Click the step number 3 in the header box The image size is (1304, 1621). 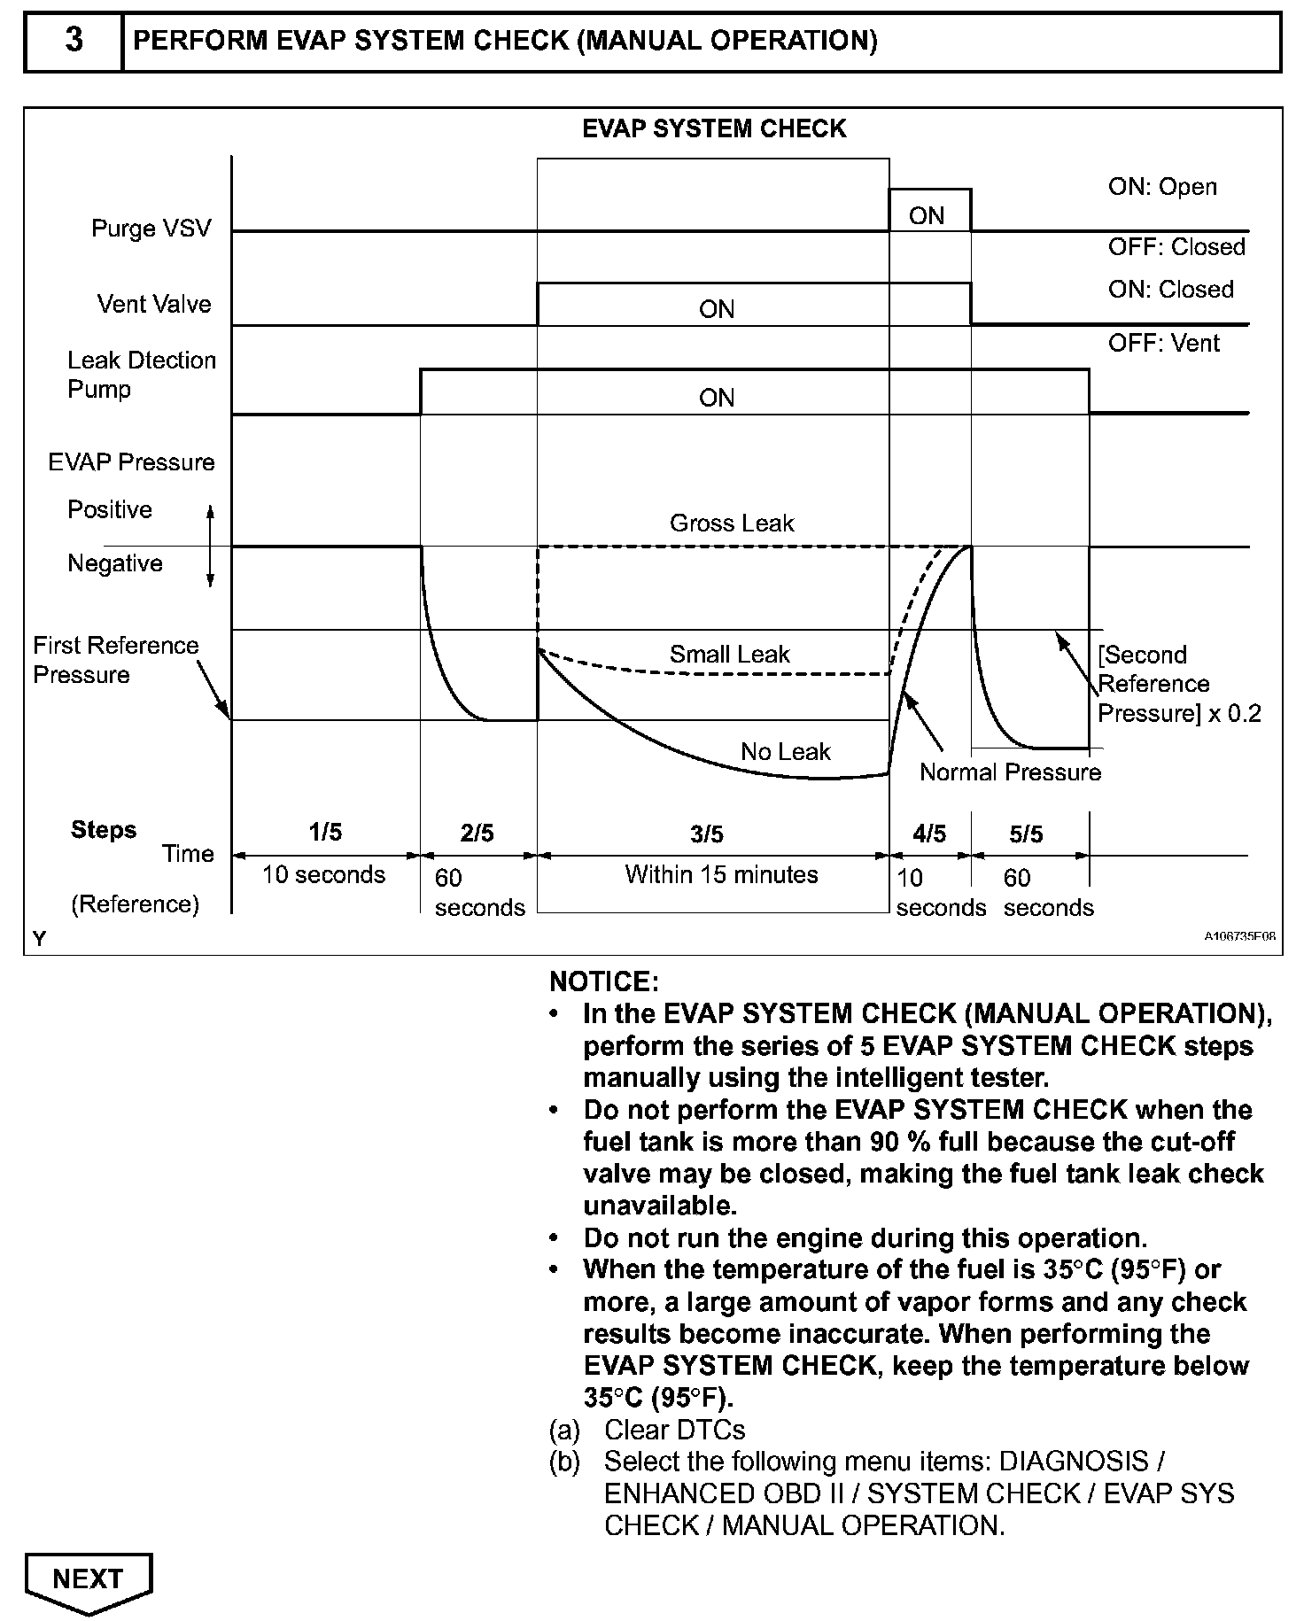[x=74, y=41]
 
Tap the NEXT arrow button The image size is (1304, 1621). [x=89, y=1579]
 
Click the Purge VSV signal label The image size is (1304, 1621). [x=151, y=229]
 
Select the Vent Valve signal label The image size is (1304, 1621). [x=154, y=304]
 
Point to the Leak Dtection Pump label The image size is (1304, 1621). [x=142, y=375]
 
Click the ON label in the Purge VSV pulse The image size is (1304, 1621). [x=927, y=216]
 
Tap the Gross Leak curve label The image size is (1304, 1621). [x=732, y=523]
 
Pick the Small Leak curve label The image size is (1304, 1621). [x=729, y=654]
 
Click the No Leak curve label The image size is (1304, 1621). [x=785, y=752]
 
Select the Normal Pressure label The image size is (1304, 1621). [x=1010, y=772]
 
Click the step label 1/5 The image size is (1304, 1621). [x=325, y=832]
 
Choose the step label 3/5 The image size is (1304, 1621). [x=707, y=834]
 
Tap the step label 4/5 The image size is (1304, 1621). [x=929, y=834]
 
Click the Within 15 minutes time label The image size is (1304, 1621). [x=721, y=874]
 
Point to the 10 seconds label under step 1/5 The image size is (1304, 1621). [x=323, y=874]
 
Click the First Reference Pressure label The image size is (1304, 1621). [x=115, y=660]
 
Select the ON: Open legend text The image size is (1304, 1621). [x=1162, y=187]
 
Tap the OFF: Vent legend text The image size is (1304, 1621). [x=1163, y=343]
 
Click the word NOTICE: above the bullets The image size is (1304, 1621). [x=604, y=981]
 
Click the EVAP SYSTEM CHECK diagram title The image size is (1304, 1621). [x=714, y=129]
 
